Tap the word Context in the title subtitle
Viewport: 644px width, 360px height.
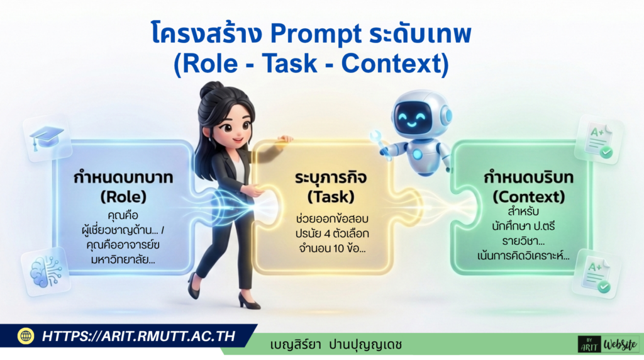pos(392,64)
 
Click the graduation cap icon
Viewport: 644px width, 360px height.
pos(47,136)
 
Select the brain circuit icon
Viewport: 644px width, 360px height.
pos(46,272)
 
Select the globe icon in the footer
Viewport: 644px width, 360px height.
pos(26,336)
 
